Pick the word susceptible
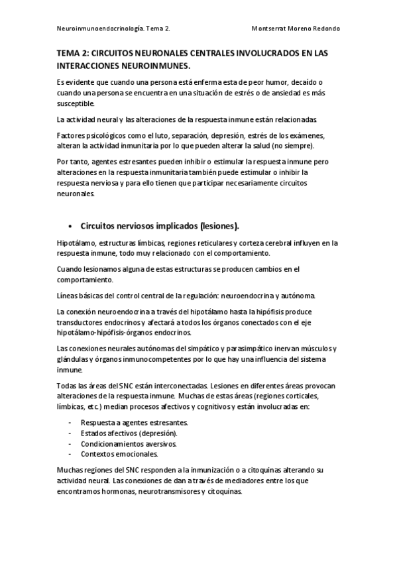click(77, 103)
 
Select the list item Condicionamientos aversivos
click(129, 443)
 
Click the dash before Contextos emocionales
click(71, 454)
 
